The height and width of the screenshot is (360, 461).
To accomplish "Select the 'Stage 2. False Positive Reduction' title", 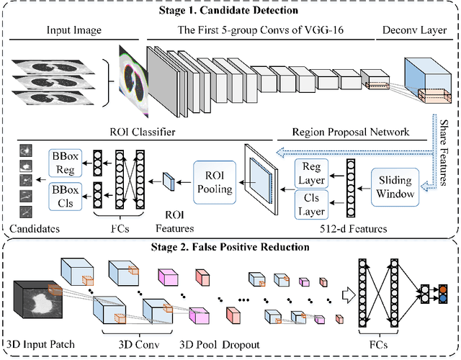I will (230, 248).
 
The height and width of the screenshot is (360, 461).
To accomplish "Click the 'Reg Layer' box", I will (312, 170).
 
